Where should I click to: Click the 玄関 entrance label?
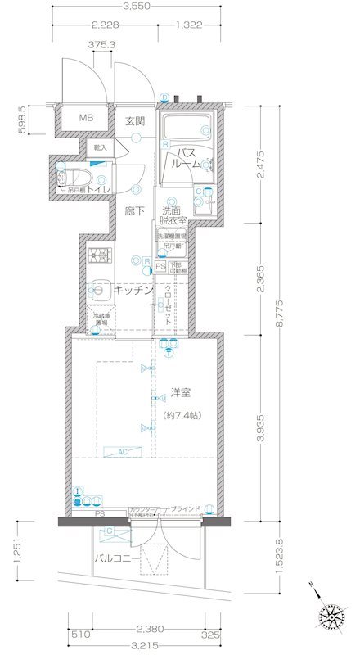click(x=134, y=120)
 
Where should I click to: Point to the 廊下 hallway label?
click(x=135, y=210)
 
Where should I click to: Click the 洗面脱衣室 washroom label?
click(x=173, y=215)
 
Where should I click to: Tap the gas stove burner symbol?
click(x=100, y=255)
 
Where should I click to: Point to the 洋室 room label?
click(x=181, y=391)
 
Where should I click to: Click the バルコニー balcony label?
click(x=114, y=558)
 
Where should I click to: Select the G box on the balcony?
click(x=110, y=532)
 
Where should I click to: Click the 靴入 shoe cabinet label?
click(x=100, y=147)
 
